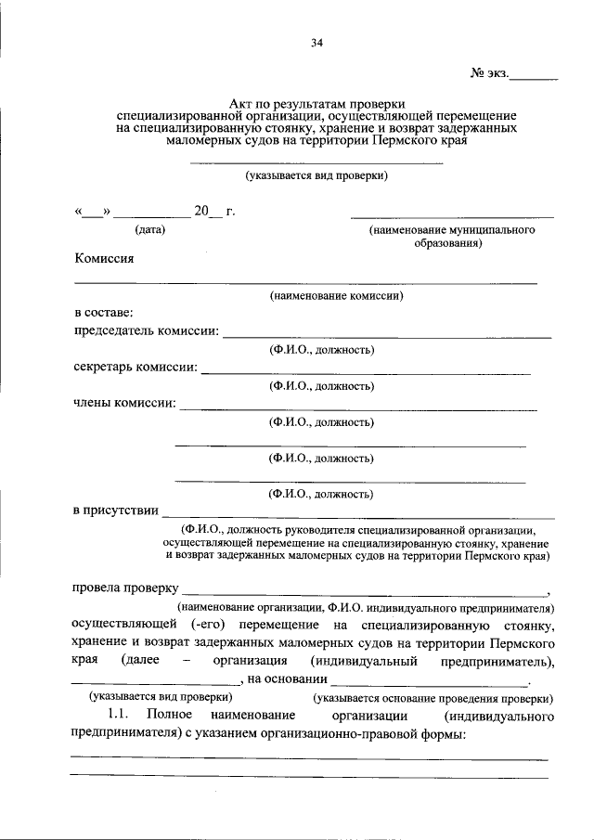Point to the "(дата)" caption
(x=150, y=229)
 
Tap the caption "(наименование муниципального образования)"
(x=452, y=237)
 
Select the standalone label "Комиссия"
(x=104, y=259)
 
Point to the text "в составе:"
(x=103, y=314)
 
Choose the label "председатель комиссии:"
(x=147, y=330)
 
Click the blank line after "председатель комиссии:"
(x=387, y=336)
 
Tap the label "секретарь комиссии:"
(x=136, y=367)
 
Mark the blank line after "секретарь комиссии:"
(x=366, y=372)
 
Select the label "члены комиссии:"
(x=124, y=403)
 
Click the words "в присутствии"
(x=115, y=510)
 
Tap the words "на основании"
(x=281, y=678)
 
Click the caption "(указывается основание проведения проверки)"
(x=433, y=696)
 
